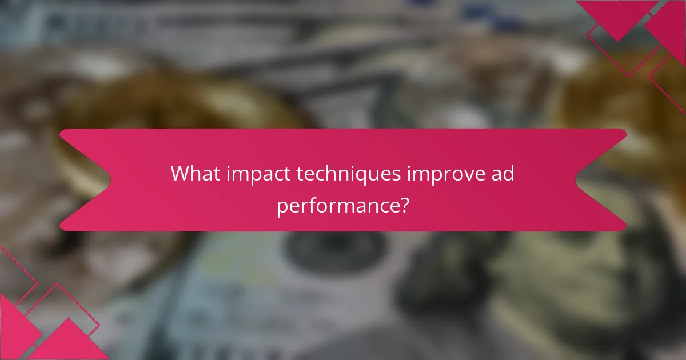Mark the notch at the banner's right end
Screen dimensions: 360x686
click(583, 180)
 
